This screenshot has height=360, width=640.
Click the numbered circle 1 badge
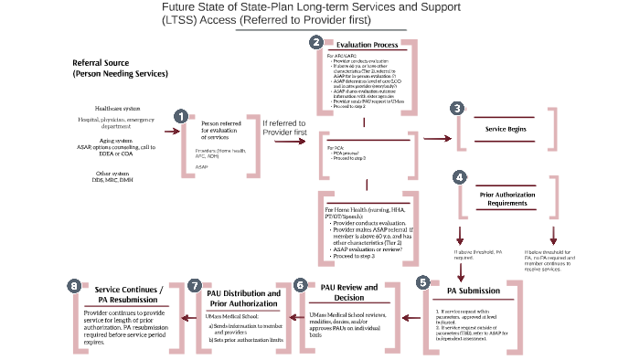click(181, 116)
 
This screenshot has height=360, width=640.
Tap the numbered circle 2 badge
click(316, 42)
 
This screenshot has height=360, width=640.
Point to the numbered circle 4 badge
click(459, 175)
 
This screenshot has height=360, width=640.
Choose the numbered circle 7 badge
click(194, 285)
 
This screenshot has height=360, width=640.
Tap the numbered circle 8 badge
click(73, 285)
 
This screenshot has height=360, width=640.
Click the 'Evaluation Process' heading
click(366, 44)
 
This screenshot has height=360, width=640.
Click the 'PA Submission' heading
click(473, 291)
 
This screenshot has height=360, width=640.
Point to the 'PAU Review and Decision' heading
click(348, 291)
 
